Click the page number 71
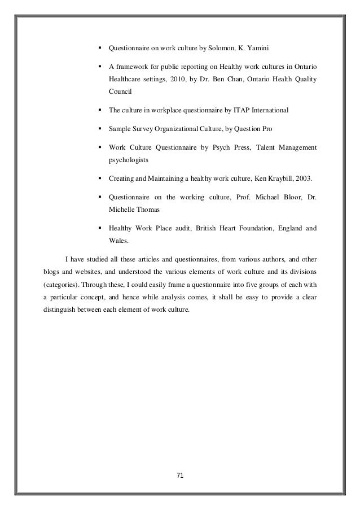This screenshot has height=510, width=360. tap(180, 474)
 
